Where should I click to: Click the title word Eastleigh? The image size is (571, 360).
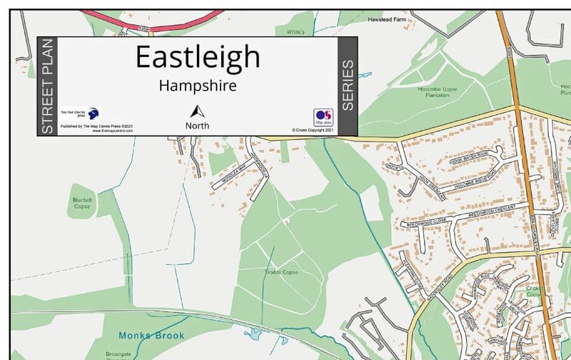tap(198, 57)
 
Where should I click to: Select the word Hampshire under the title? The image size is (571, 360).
tap(198, 86)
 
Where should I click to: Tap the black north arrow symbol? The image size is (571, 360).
tap(198, 111)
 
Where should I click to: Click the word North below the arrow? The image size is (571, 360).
tap(198, 126)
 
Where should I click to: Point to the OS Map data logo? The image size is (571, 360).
tap(323, 117)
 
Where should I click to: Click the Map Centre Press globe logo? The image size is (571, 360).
tap(94, 114)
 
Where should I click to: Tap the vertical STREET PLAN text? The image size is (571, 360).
tap(47, 86)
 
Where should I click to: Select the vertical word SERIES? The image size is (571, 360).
tap(348, 86)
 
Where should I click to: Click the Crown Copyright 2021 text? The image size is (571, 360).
tap(313, 130)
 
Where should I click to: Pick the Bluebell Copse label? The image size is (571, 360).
tap(83, 203)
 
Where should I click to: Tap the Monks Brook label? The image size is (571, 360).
tap(151, 335)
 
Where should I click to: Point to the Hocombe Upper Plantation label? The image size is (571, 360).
tap(438, 92)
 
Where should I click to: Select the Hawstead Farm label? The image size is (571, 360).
tap(386, 20)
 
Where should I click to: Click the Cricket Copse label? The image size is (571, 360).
tap(535, 291)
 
